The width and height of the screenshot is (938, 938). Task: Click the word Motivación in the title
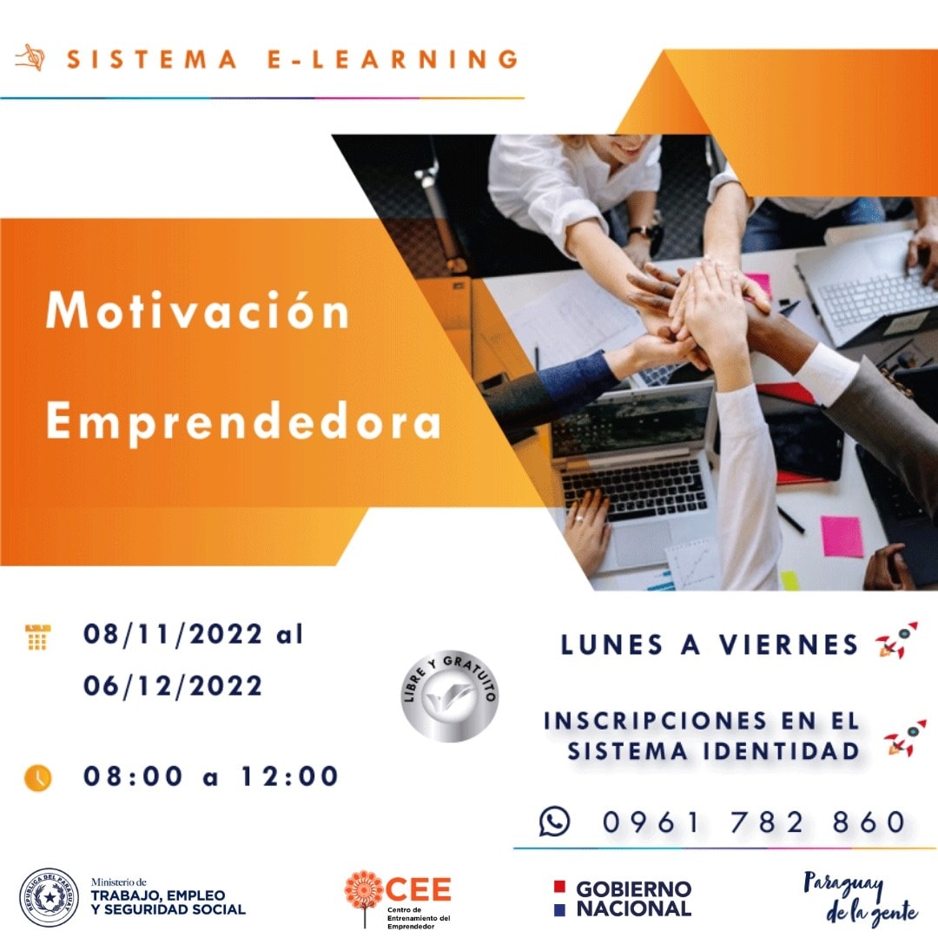click(x=198, y=310)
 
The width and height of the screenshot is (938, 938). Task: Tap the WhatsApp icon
click(x=554, y=821)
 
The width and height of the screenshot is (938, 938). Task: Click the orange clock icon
click(x=37, y=777)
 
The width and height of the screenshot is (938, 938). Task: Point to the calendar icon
click(x=37, y=637)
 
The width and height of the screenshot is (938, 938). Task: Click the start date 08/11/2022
click(x=172, y=634)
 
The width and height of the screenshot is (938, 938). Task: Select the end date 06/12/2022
click(x=172, y=685)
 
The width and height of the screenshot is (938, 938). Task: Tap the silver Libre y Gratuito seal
click(x=449, y=696)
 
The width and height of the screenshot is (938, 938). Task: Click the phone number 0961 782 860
click(x=754, y=822)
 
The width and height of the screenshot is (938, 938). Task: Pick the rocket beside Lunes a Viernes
click(x=896, y=640)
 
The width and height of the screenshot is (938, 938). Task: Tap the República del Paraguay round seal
click(x=49, y=897)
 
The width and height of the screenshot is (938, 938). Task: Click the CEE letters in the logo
click(x=419, y=889)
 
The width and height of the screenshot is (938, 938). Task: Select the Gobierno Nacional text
click(x=633, y=899)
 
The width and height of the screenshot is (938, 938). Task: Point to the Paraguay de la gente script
click(x=859, y=898)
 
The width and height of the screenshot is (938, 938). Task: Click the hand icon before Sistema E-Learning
click(x=30, y=58)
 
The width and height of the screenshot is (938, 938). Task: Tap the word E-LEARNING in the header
click(x=393, y=59)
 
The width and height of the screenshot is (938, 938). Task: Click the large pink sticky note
click(x=842, y=537)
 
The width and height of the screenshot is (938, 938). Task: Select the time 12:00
click(x=289, y=776)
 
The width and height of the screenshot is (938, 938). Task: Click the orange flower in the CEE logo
click(x=364, y=890)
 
